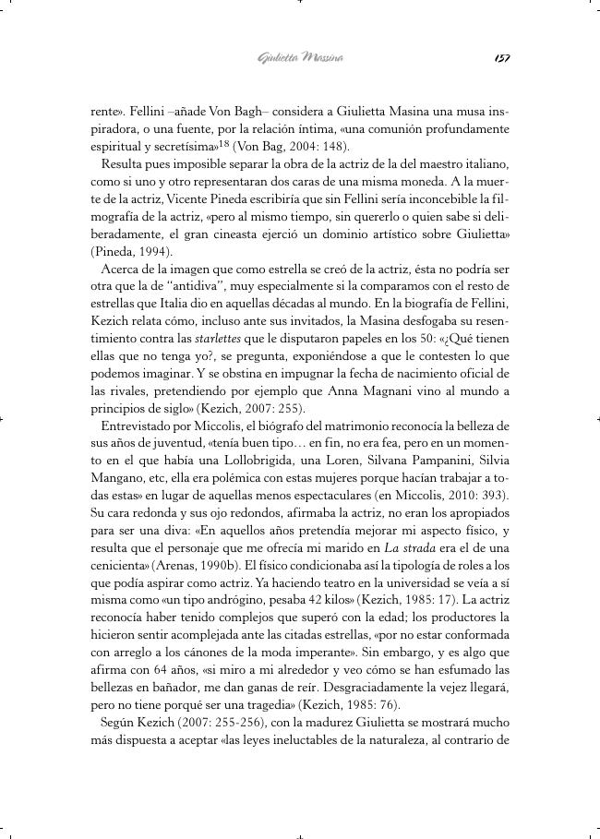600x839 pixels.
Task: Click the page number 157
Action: tap(501, 58)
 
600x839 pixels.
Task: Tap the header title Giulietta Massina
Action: tap(300, 58)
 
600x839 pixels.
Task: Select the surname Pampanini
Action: tap(424, 461)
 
